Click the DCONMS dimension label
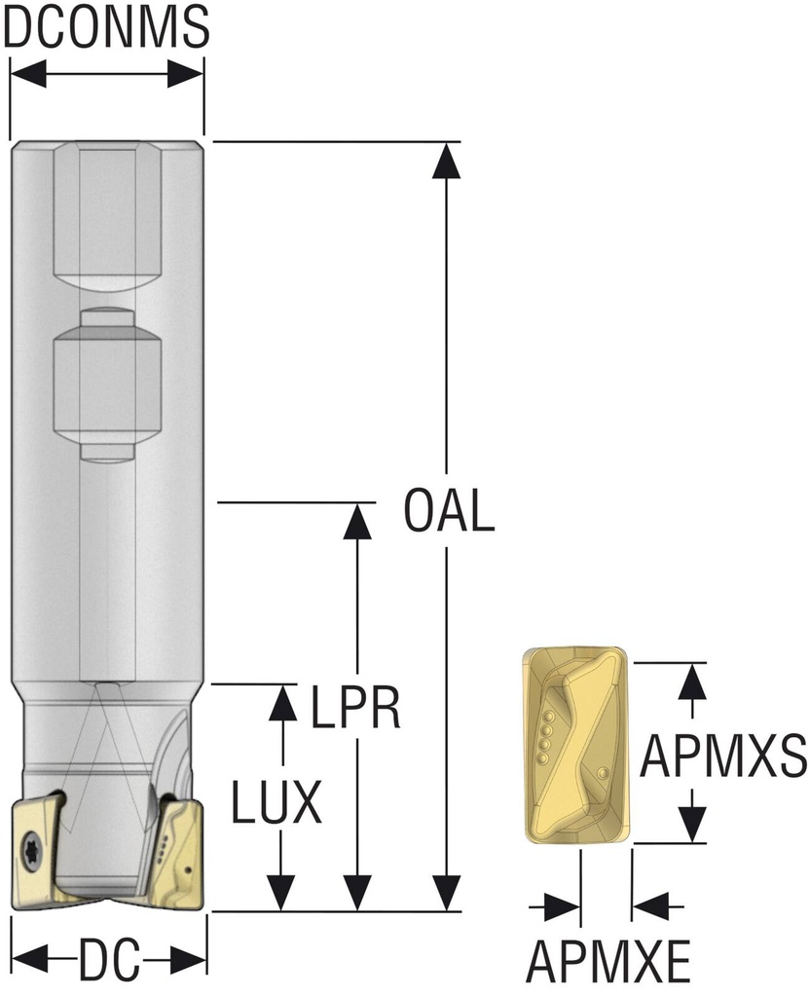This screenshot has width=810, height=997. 106,26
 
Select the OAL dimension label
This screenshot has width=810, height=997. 449,511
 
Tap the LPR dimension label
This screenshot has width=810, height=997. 355,707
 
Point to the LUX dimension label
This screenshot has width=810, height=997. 276,802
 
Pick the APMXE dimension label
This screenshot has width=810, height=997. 608,961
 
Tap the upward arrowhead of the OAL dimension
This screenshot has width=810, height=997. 447,161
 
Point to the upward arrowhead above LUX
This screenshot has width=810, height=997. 281,703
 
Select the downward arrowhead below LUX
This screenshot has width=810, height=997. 281,892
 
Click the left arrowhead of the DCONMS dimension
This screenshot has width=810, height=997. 28,74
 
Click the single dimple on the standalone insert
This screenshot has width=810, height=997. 603,772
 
